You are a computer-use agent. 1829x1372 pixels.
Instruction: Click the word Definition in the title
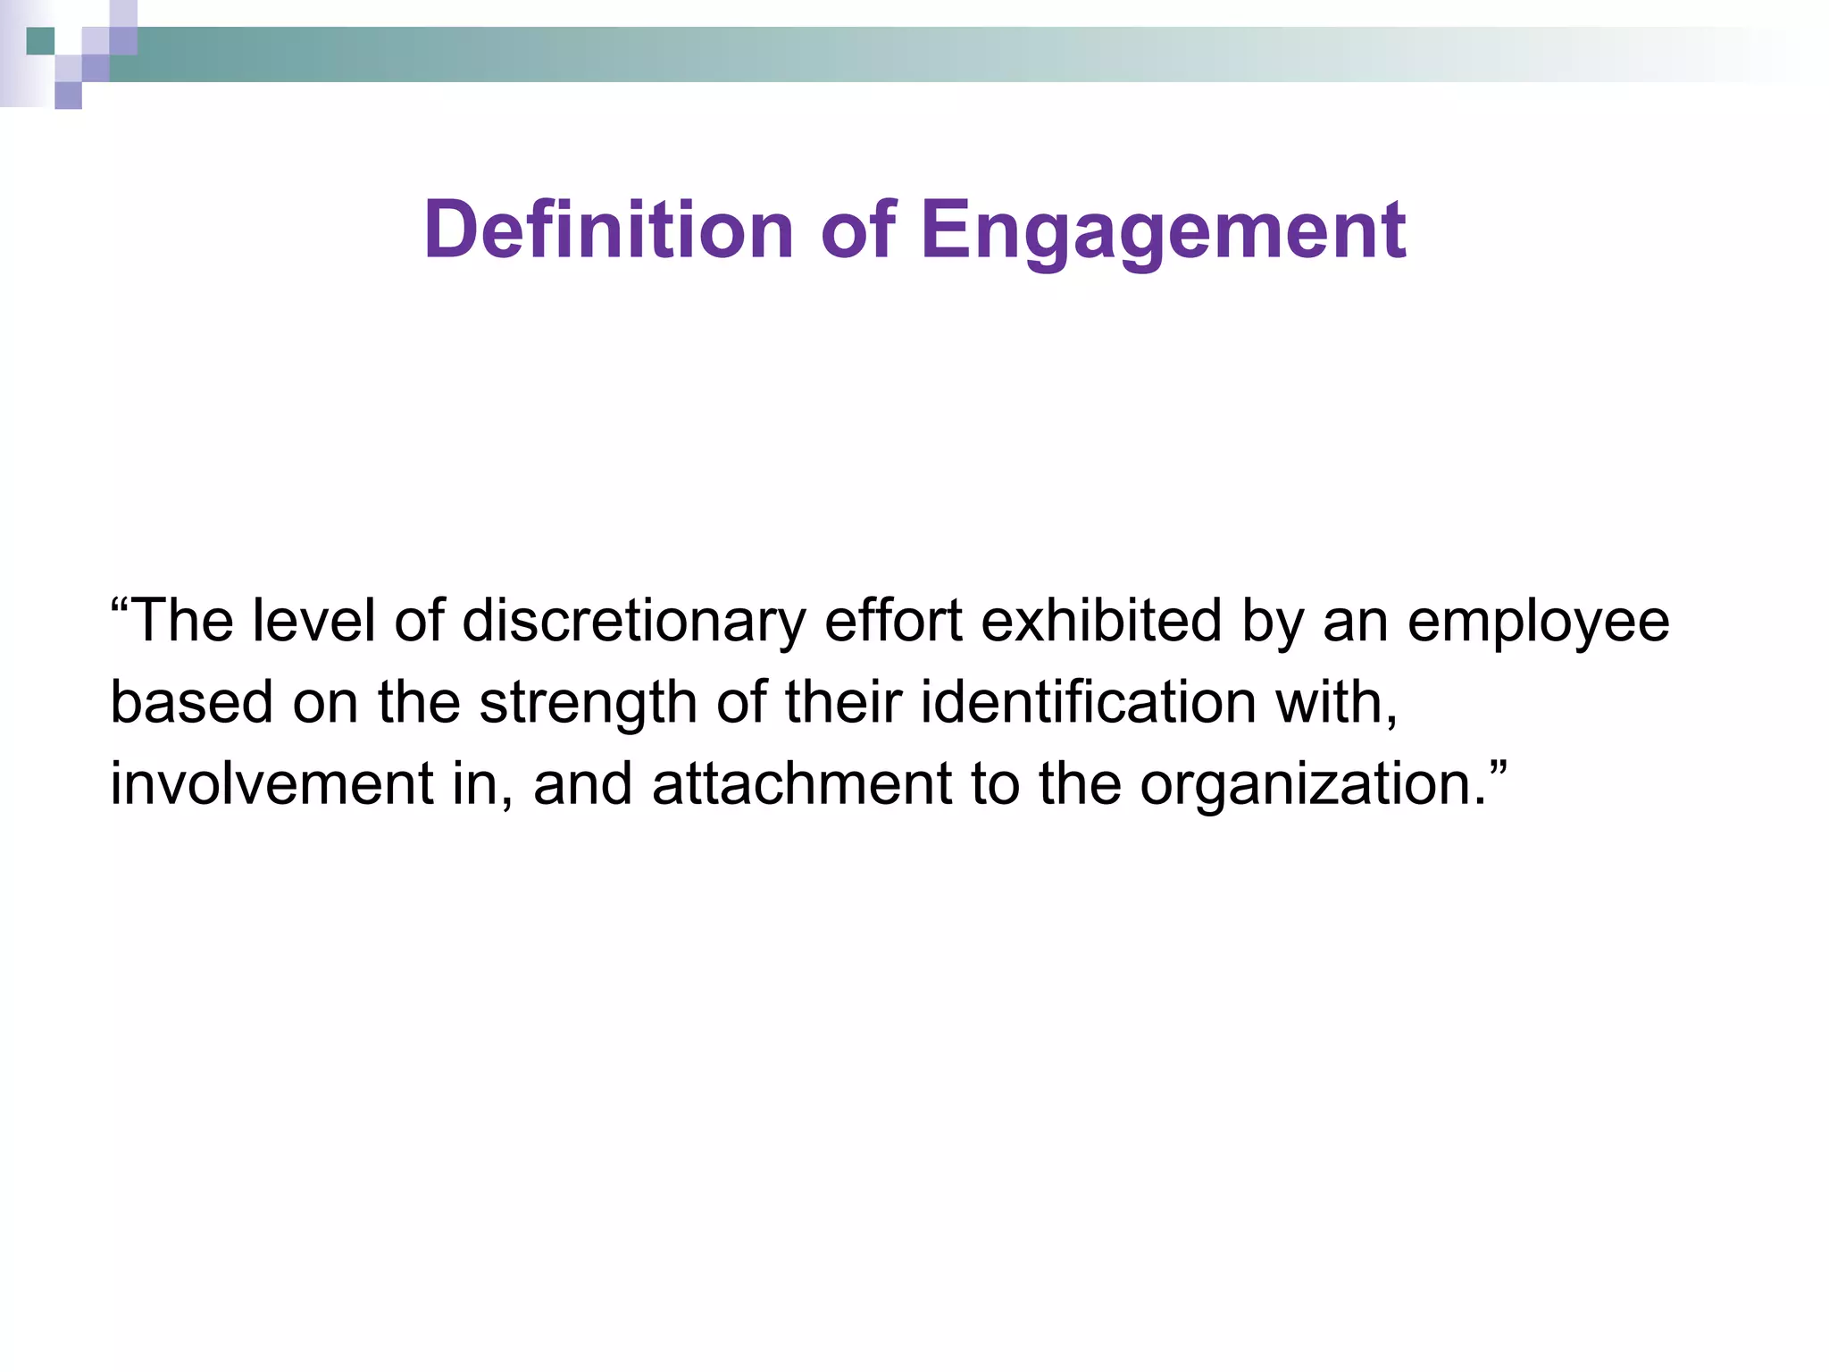tap(608, 230)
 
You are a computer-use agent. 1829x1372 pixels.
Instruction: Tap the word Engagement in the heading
tap(1163, 231)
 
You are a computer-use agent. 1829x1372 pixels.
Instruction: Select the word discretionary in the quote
tap(633, 622)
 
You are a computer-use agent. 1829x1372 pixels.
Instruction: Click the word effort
tap(893, 621)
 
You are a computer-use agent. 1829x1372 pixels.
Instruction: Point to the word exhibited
tap(1101, 621)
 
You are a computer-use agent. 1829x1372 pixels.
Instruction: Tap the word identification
tap(1089, 702)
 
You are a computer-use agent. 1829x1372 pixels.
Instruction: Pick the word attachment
tap(802, 783)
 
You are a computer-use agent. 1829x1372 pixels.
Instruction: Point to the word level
tap(313, 621)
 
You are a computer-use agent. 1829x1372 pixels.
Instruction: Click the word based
tap(191, 702)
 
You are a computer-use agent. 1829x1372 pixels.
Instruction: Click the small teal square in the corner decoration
tap(40, 41)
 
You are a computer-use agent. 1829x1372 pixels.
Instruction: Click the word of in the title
tap(857, 230)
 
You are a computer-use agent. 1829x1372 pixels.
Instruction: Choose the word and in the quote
tap(582, 783)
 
